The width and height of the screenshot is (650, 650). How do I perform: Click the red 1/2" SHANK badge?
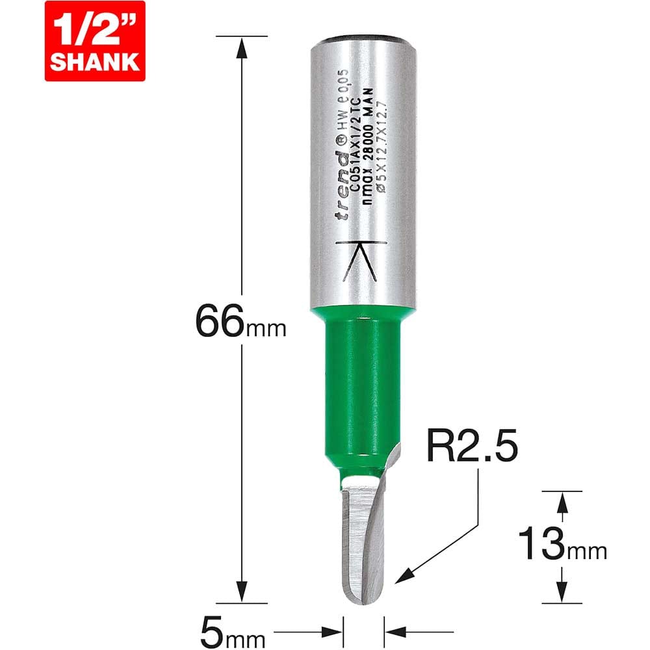coord(95,40)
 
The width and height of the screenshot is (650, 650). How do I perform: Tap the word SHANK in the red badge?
coord(95,62)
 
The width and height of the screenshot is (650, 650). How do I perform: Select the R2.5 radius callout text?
coord(472,446)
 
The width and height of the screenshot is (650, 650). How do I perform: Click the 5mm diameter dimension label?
coord(233,632)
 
